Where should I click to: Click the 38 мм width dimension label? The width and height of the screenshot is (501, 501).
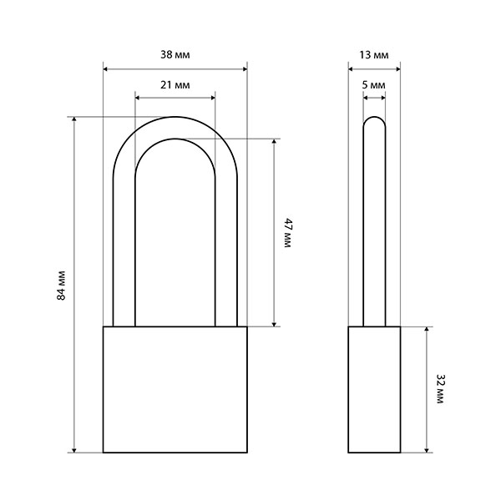pos(175,55)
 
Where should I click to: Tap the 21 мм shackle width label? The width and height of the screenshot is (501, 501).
pos(175,85)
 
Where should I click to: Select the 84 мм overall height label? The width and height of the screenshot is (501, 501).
pos(61,286)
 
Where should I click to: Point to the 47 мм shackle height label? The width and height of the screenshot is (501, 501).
pos(288,233)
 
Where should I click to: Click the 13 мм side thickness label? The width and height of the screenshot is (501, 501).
pos(374,55)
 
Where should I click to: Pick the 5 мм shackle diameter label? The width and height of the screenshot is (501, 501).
pos(374,85)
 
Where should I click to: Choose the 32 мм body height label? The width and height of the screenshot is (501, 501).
pos(441,389)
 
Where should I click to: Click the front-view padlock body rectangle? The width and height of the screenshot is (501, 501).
pos(175,389)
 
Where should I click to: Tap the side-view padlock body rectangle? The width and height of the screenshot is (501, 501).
pos(374,389)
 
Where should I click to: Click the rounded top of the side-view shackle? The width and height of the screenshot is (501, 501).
pos(374,117)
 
